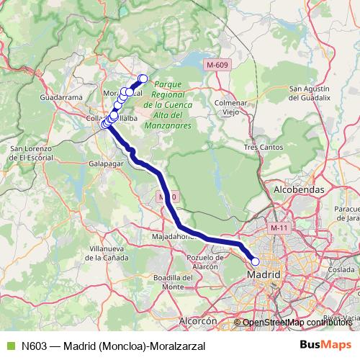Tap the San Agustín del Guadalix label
(x=310, y=93)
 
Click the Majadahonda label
(x=174, y=235)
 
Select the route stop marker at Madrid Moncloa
(x=254, y=262)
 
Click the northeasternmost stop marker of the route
(x=143, y=78)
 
